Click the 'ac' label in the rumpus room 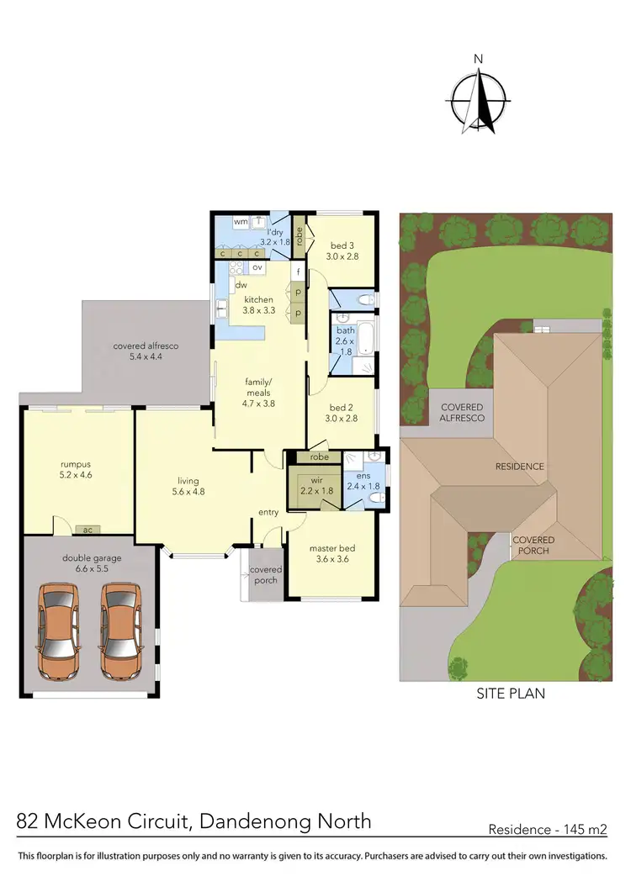pos(87,530)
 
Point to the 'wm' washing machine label pos(241,222)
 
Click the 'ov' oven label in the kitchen pos(257,267)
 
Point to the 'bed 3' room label pos(342,245)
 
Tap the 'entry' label pos(268,512)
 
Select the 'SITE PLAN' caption pos(511,694)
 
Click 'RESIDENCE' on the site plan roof pos(519,466)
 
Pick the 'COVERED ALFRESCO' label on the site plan pos(464,412)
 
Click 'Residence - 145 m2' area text pos(548,830)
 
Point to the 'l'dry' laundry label pos(274,232)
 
